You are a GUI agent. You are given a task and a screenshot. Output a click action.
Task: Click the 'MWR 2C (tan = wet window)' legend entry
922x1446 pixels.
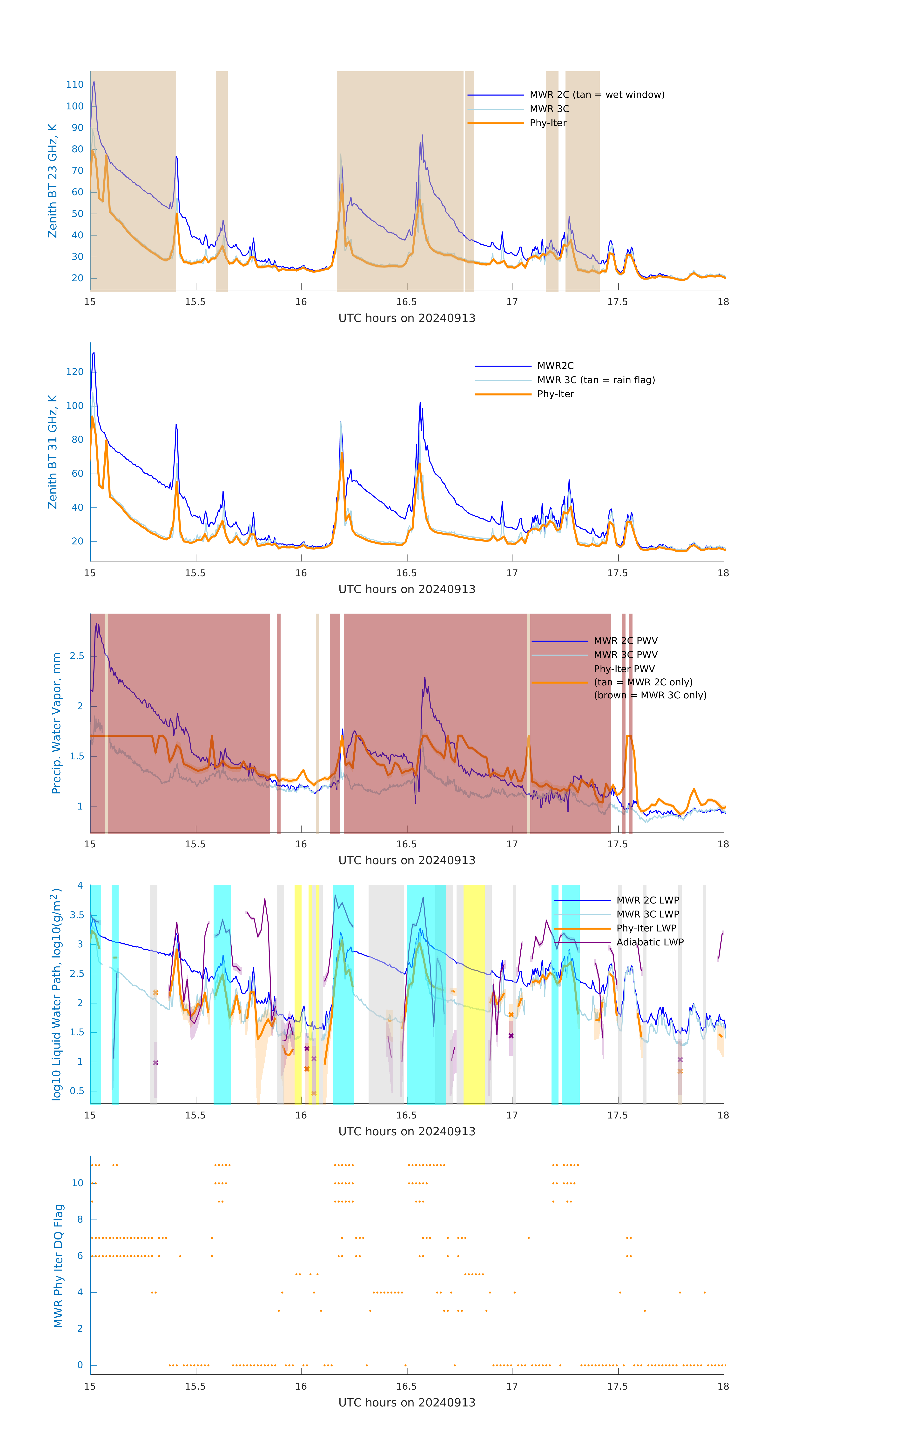[596, 95]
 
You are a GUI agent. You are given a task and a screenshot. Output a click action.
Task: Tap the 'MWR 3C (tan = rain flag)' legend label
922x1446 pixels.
[596, 380]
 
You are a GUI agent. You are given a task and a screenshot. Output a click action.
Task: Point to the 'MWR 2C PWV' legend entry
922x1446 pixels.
[625, 641]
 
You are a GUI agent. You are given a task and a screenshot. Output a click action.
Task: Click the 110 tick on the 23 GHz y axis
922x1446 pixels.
[75, 85]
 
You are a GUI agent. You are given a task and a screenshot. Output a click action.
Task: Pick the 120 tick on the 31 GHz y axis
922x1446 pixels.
[75, 372]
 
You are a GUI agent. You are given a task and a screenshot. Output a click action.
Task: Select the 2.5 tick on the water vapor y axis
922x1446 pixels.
[77, 656]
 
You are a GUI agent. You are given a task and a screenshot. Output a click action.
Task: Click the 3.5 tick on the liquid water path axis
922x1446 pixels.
[77, 915]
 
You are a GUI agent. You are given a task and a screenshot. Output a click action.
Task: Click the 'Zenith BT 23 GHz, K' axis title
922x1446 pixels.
[53, 181]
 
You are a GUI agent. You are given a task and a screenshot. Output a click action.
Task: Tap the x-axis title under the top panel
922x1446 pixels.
[407, 318]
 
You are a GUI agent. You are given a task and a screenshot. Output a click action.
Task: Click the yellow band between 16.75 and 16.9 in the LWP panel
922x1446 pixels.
[474, 994]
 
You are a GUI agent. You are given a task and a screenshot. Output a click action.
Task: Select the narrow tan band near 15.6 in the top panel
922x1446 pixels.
[222, 180]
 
